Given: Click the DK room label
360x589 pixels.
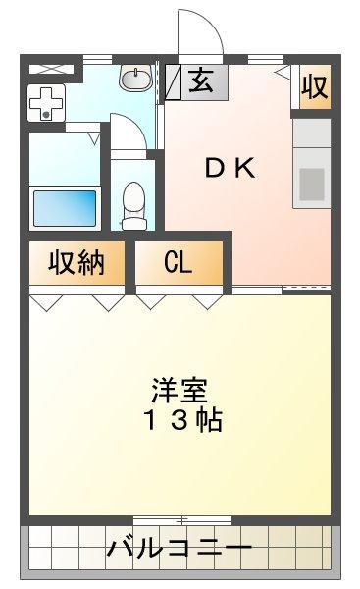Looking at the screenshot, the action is pyautogui.click(x=230, y=168).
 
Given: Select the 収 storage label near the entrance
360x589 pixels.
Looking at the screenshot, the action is pyautogui.click(x=315, y=86).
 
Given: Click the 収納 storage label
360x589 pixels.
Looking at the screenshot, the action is pyautogui.click(x=77, y=262).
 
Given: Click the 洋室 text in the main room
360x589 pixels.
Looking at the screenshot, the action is pyautogui.click(x=180, y=391).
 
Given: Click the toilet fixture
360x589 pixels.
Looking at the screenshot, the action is pyautogui.click(x=134, y=206).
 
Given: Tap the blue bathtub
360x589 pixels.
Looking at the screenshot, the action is pyautogui.click(x=65, y=208).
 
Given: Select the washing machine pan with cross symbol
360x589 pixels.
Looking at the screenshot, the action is pyautogui.click(x=46, y=103).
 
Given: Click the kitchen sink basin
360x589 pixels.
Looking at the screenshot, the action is pyautogui.click(x=312, y=185).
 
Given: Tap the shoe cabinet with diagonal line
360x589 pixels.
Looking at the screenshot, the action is pyautogui.click(x=174, y=82).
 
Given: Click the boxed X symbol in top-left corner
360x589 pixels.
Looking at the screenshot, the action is pyautogui.click(x=51, y=70).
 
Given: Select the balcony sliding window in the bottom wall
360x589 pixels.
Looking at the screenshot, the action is pyautogui.click(x=182, y=520).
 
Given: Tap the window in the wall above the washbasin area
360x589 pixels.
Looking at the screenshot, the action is pyautogui.click(x=97, y=59).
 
